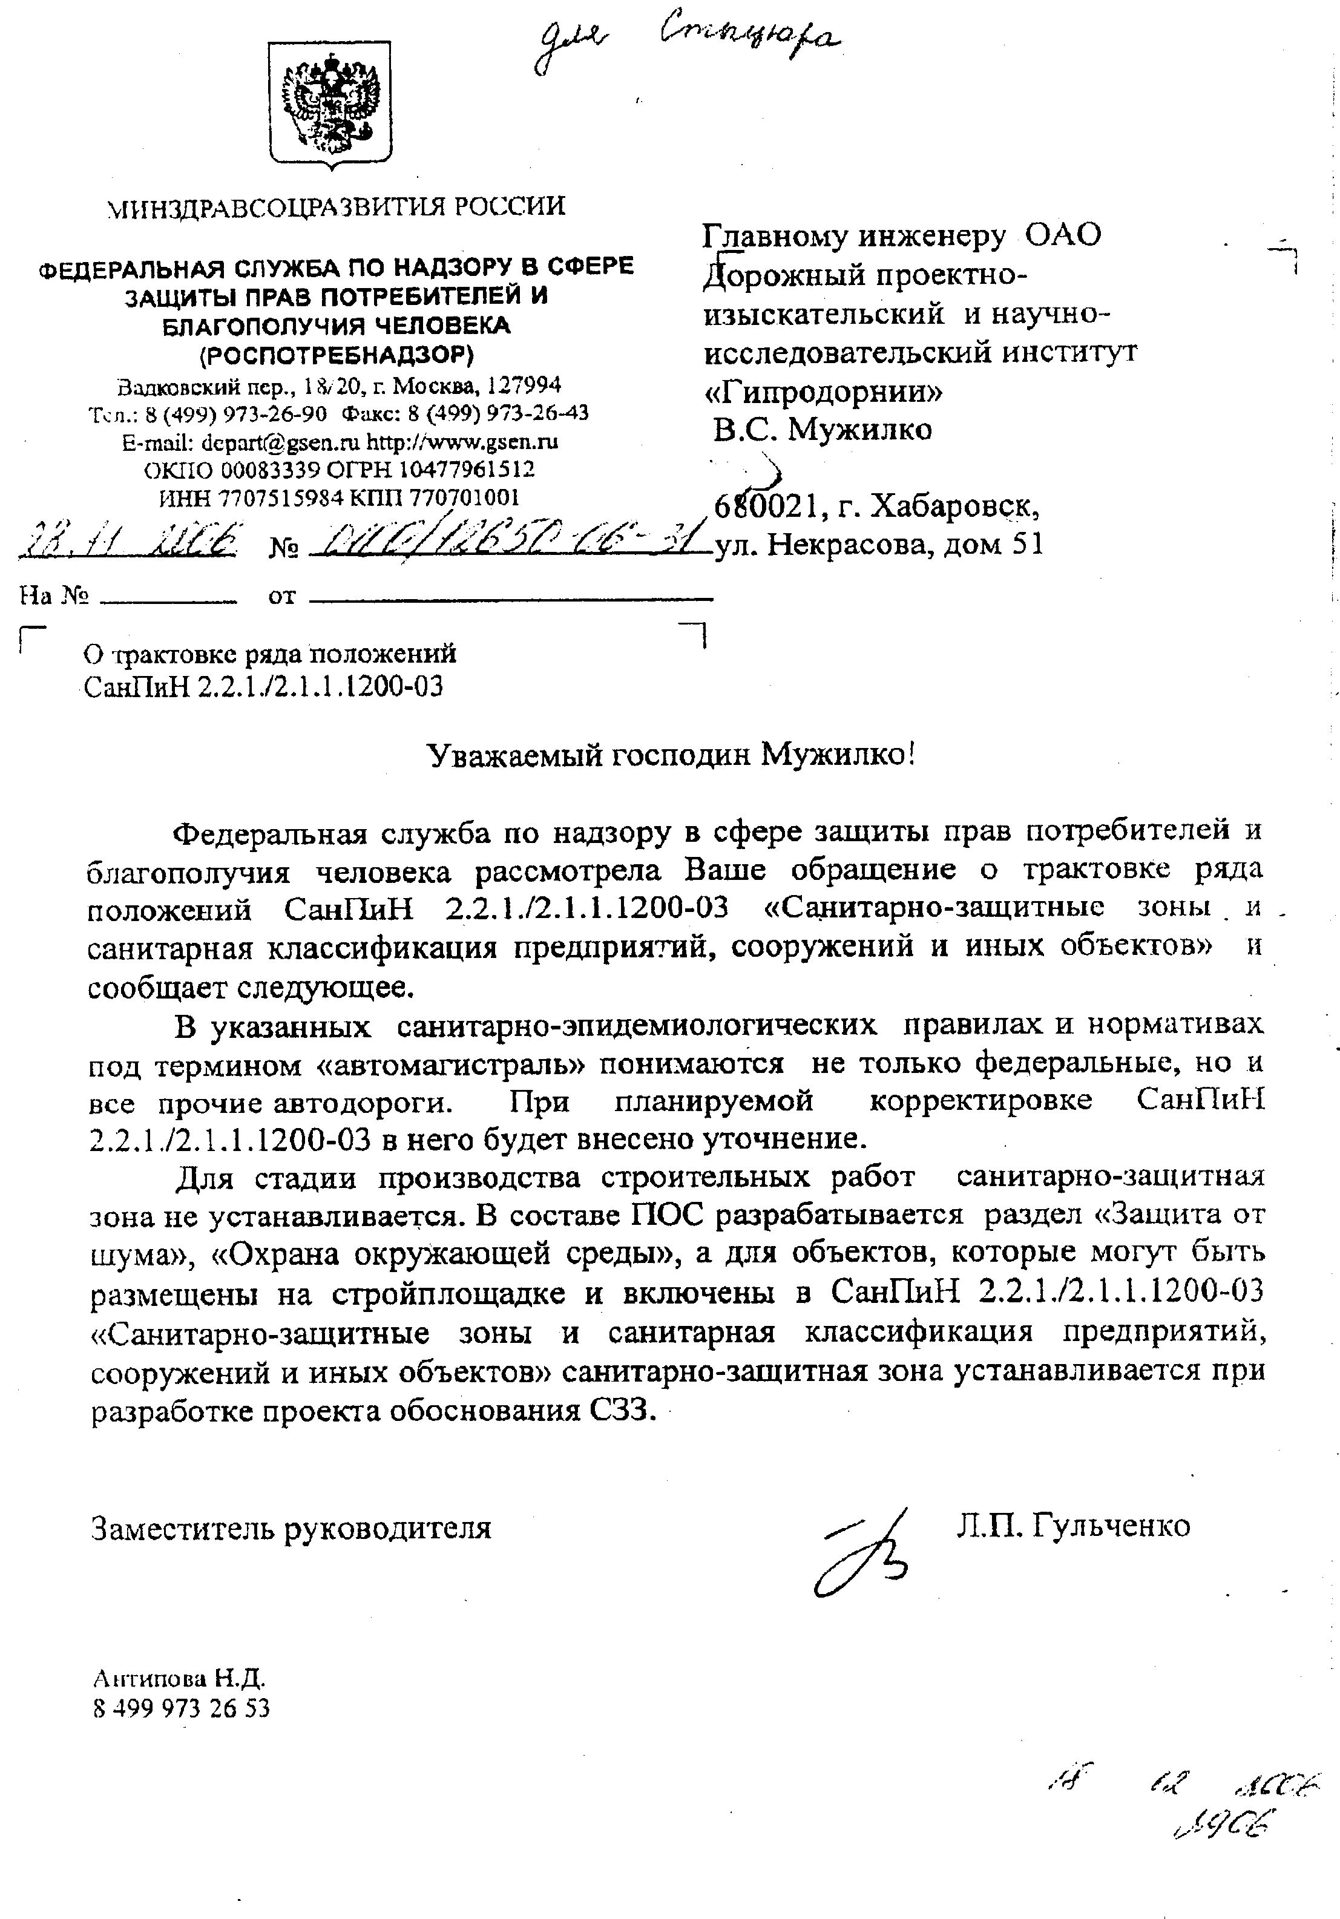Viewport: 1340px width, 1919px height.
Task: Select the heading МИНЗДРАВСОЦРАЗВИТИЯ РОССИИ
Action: (337, 206)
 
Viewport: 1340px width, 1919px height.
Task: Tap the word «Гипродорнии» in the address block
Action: (823, 390)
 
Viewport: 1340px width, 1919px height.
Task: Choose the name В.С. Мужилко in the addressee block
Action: (823, 430)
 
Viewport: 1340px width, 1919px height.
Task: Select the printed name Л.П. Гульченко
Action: (1073, 1526)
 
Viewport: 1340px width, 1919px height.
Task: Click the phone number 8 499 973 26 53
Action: (182, 1708)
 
